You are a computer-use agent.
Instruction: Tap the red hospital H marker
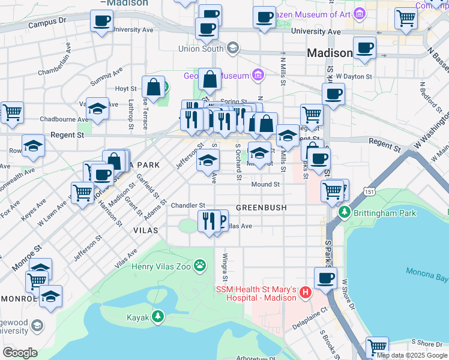[305, 293]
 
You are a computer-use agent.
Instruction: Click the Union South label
[200, 49]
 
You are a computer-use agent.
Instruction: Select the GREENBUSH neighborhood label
[261, 207]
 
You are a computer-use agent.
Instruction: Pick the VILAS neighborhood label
[146, 230]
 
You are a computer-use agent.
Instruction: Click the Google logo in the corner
[20, 352]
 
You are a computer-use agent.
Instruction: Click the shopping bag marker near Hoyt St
[154, 86]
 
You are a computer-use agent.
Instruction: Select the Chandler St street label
[188, 205]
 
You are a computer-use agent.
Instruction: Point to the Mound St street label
[265, 184]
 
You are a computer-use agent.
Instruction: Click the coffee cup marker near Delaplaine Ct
[325, 278]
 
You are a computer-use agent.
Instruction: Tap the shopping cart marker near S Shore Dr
[377, 347]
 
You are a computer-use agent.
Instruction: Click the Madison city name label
[330, 53]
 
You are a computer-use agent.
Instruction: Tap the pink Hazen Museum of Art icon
[360, 13]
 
